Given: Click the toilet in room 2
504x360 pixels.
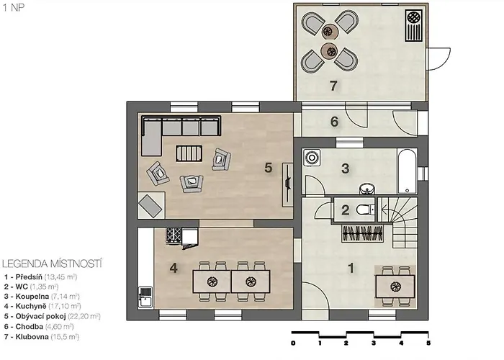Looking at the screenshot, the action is [366, 210].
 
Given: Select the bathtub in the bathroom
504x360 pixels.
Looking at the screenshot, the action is [407, 171].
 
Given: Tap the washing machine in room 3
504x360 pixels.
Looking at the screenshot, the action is [312, 158].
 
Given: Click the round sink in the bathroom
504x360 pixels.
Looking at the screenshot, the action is [366, 189].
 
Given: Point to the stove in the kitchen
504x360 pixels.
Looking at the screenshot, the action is [174, 235].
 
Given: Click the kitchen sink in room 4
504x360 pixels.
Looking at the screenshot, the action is [145, 297].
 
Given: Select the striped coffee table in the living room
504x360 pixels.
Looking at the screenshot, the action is [189, 153].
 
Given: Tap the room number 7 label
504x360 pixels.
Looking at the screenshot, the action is [333, 86].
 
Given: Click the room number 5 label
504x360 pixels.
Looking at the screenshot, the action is [268, 168].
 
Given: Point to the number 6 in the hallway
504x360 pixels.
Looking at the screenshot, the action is [334, 122].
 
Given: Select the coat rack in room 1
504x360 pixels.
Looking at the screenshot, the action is [363, 233].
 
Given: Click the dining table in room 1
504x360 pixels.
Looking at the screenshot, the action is [395, 286].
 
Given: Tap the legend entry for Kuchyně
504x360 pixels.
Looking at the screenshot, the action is [42, 306].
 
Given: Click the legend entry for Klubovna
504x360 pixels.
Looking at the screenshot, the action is [42, 337].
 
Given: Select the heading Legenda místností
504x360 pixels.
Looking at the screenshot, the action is [52, 264].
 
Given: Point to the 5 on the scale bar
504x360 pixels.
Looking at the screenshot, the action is [428, 343].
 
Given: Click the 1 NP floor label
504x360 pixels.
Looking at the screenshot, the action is [14, 7].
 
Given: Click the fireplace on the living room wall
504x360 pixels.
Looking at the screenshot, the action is [287, 184].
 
